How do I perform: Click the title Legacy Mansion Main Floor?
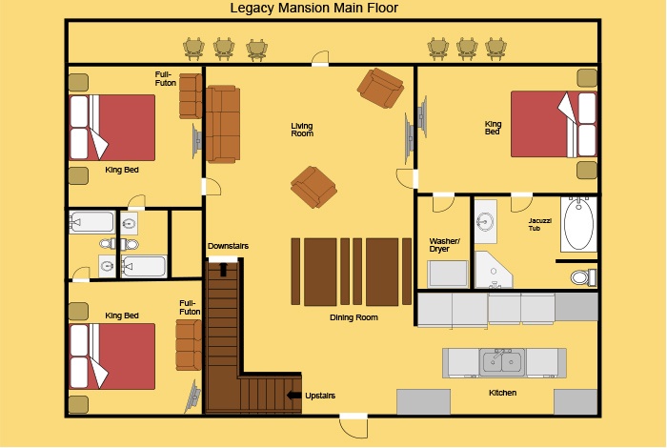[313, 8]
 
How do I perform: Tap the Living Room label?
[302, 130]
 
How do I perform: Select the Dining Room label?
[354, 317]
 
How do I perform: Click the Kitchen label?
[502, 393]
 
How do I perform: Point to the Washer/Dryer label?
[444, 245]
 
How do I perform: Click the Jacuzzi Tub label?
[540, 225]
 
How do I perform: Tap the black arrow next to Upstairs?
[293, 396]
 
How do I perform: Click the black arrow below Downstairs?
[223, 269]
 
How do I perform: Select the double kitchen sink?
[502, 362]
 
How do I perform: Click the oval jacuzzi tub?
[578, 224]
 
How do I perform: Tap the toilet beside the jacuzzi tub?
[583, 277]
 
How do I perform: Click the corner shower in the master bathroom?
[494, 270]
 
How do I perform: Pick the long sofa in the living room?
[223, 124]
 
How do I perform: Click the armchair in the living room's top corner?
[380, 88]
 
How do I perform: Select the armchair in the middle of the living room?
[313, 187]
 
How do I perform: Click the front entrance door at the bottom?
[354, 424]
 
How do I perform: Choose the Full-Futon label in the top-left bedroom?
[165, 79]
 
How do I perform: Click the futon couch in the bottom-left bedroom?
[189, 345]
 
